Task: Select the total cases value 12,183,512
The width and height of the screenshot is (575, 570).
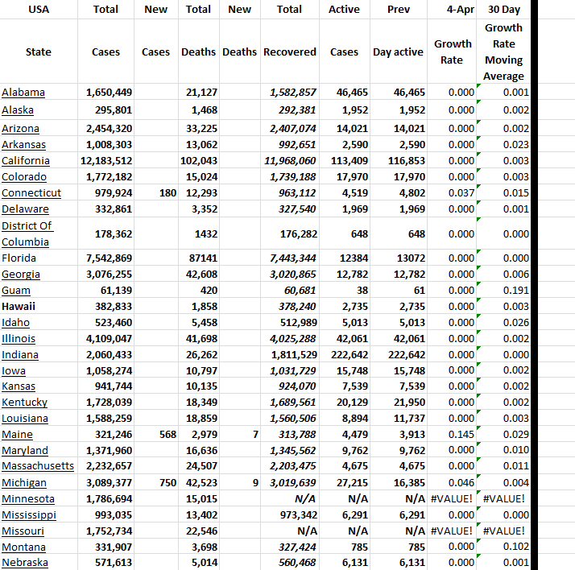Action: click(x=110, y=160)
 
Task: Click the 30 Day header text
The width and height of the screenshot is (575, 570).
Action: click(x=503, y=10)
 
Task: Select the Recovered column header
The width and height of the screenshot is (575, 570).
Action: click(x=290, y=52)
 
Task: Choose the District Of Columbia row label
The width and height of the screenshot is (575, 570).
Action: click(x=27, y=233)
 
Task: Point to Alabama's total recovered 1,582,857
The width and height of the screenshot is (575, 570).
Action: click(x=291, y=93)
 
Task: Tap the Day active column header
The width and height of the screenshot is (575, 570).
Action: click(x=397, y=52)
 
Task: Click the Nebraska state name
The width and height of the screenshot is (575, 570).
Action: click(x=25, y=562)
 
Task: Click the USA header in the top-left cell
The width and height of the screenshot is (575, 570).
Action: click(x=38, y=10)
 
